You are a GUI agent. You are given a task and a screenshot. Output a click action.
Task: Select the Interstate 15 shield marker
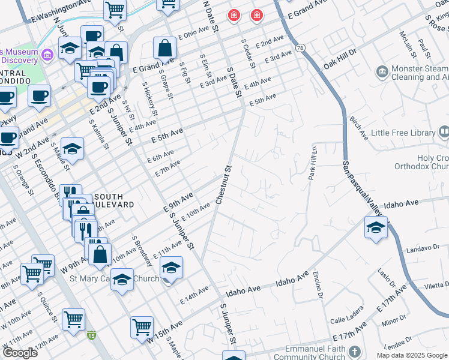click(91, 335)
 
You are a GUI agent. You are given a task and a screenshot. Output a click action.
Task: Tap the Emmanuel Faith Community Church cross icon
click(355, 351)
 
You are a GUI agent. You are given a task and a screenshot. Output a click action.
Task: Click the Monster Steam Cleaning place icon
click(382, 73)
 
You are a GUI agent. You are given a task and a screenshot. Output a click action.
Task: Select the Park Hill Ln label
click(312, 163)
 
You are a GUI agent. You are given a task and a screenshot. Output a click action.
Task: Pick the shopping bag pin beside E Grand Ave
click(164, 49)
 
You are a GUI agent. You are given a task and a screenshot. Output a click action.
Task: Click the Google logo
click(20, 353)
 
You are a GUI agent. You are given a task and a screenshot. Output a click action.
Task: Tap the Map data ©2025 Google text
click(412, 355)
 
